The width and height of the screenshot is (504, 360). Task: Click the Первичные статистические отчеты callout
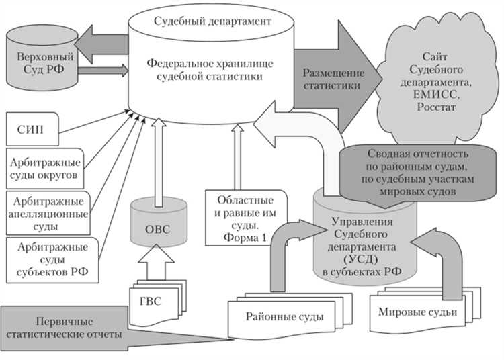point(67,325)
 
